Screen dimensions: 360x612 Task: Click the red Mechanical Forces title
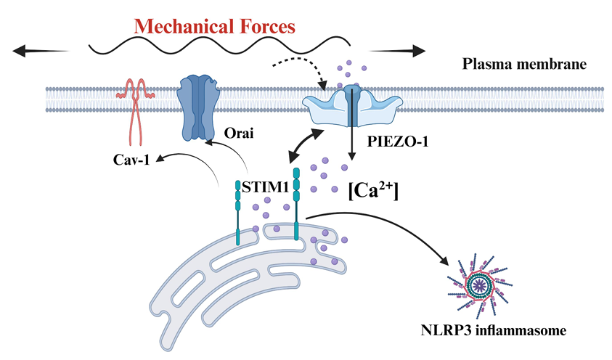pyautogui.click(x=215, y=27)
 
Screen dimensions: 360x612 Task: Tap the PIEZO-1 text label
pyautogui.click(x=396, y=142)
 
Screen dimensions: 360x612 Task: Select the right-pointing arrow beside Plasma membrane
pyautogui.click(x=396, y=51)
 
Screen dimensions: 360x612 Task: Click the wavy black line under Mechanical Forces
pyautogui.click(x=218, y=49)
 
